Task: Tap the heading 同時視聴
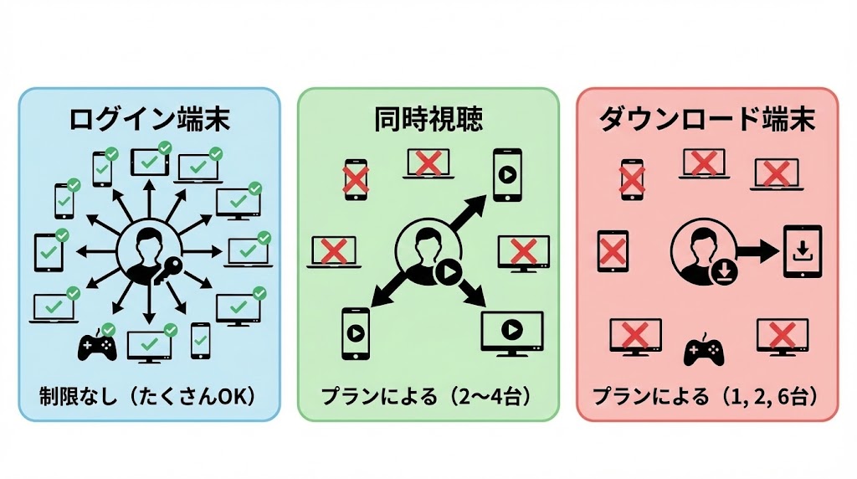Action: click(x=428, y=120)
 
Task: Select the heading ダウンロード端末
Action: click(x=707, y=120)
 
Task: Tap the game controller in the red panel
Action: click(x=704, y=351)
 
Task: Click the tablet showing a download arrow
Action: click(x=801, y=251)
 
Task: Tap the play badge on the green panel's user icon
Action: click(x=447, y=271)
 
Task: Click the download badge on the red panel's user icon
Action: click(x=722, y=271)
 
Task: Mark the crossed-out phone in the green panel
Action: click(x=357, y=179)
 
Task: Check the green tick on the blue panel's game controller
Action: click(x=108, y=328)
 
